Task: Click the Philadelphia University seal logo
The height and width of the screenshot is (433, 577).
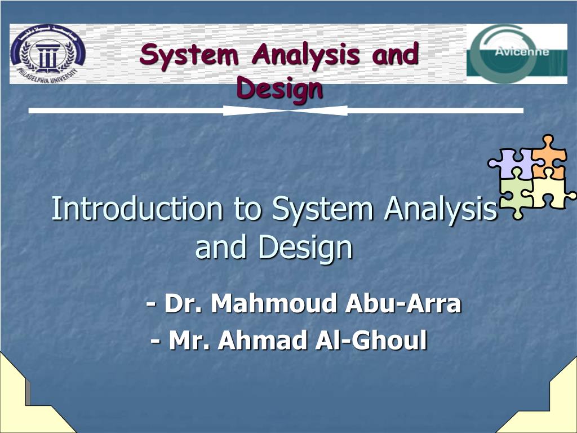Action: coord(48,54)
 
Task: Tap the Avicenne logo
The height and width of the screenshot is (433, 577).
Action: coord(517,54)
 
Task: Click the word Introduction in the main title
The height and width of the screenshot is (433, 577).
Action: coord(137,209)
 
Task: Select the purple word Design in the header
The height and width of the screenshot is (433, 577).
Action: coord(279,89)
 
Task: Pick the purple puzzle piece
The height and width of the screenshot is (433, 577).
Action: coord(513,163)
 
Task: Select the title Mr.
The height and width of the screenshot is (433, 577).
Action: coord(190,340)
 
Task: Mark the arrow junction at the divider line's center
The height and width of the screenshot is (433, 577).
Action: coord(286,111)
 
